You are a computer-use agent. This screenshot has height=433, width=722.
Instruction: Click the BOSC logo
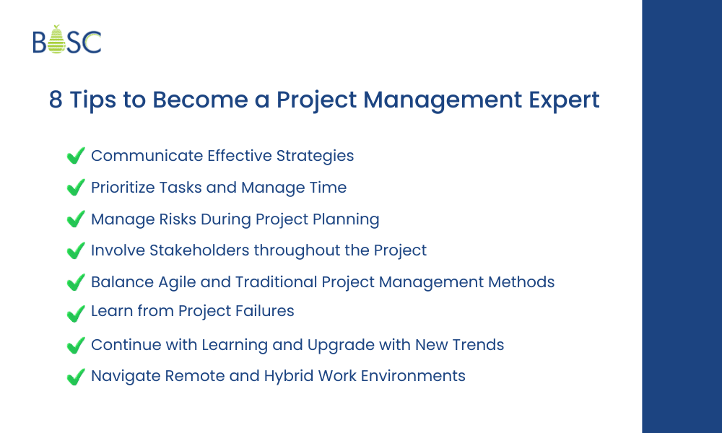click(67, 41)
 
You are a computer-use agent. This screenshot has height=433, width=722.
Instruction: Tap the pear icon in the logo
click(58, 40)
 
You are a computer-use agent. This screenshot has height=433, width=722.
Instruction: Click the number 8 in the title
click(56, 100)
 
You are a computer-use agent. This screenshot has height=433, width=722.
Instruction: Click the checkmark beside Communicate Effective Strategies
click(75, 156)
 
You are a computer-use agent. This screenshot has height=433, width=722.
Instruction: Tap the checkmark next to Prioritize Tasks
click(75, 188)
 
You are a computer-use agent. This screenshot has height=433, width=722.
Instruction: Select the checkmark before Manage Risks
click(75, 219)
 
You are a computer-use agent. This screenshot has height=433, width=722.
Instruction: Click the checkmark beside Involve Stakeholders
click(75, 250)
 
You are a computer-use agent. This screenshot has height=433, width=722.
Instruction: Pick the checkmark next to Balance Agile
click(75, 282)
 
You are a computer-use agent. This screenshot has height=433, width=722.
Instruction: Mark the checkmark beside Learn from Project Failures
click(75, 314)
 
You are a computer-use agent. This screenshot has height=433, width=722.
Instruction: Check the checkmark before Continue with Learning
click(75, 346)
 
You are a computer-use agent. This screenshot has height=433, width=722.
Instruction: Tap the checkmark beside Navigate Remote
click(75, 377)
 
